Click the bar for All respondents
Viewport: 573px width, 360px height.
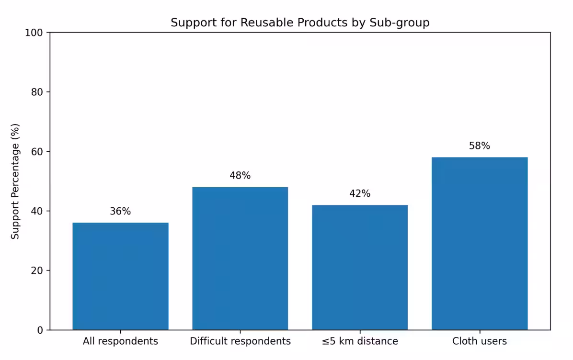(x=120, y=276)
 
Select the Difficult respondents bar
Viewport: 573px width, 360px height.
(x=240, y=258)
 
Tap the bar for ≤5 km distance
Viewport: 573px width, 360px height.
(x=360, y=267)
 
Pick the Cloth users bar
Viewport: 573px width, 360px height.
(x=480, y=243)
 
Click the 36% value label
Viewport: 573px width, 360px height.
(x=120, y=211)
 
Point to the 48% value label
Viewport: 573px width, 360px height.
(x=240, y=176)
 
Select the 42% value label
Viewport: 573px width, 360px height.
(x=360, y=193)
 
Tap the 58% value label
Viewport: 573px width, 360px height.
(x=480, y=146)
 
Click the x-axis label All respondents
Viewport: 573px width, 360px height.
(x=120, y=341)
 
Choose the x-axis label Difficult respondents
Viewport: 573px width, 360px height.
(x=240, y=341)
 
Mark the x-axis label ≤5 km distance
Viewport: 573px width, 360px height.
(x=360, y=341)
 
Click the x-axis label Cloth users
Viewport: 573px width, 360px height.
(x=480, y=341)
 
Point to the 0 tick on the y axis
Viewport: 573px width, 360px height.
(x=40, y=330)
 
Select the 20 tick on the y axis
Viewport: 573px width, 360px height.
(x=37, y=270)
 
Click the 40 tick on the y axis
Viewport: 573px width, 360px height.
(x=37, y=211)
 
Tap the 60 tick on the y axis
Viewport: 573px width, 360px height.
(x=37, y=152)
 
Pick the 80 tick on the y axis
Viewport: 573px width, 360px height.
(x=37, y=92)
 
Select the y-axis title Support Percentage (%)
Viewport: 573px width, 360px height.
(x=15, y=181)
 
